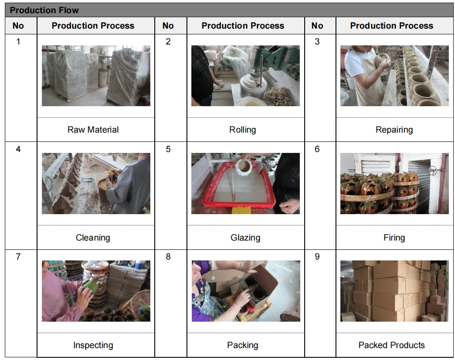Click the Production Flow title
[x=44, y=10]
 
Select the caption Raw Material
[x=93, y=130]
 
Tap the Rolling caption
[x=242, y=130]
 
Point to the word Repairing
[x=394, y=130]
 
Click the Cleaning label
[x=93, y=238]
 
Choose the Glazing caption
[x=246, y=238]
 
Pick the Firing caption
[x=394, y=238]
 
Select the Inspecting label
[x=93, y=345]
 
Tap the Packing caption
[x=242, y=345]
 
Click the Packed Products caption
[x=392, y=345]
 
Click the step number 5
[x=168, y=149]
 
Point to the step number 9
[x=317, y=256]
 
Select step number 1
[x=18, y=41]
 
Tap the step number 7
[x=18, y=256]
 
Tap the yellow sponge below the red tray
[x=242, y=211]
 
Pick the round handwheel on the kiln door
[x=433, y=171]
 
